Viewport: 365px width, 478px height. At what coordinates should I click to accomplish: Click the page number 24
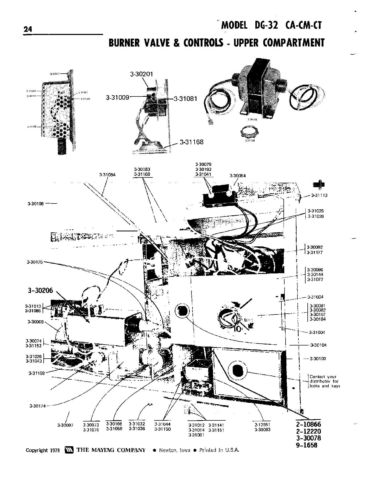(28, 29)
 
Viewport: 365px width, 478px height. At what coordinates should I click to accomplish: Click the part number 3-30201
(141, 74)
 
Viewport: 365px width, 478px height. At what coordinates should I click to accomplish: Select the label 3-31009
(118, 98)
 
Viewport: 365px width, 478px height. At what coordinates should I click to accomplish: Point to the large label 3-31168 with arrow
(191, 142)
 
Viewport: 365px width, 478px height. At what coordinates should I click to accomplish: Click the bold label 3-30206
(40, 290)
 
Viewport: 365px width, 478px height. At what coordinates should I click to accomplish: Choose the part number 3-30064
(237, 176)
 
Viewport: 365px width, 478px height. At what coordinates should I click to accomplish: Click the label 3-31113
(319, 195)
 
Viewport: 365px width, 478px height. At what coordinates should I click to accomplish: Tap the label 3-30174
(38, 406)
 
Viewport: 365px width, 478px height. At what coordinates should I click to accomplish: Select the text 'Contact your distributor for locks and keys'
(325, 381)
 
